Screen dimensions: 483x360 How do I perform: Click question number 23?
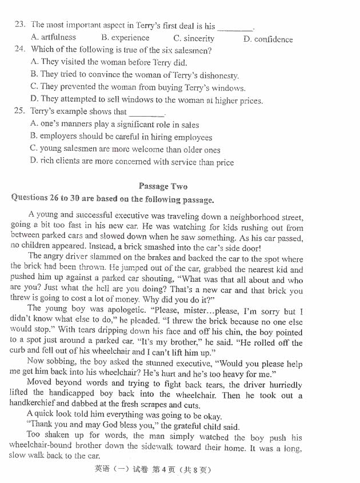point(20,25)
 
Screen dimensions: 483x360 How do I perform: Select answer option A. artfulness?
point(53,37)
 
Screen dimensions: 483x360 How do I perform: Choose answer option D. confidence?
point(267,39)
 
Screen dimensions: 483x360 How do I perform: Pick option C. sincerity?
point(194,38)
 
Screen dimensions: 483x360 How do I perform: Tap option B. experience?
point(125,38)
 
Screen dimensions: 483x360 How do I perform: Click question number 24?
point(20,50)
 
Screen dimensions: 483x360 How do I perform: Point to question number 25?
point(20,111)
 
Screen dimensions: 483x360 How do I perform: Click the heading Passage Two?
point(162,186)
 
